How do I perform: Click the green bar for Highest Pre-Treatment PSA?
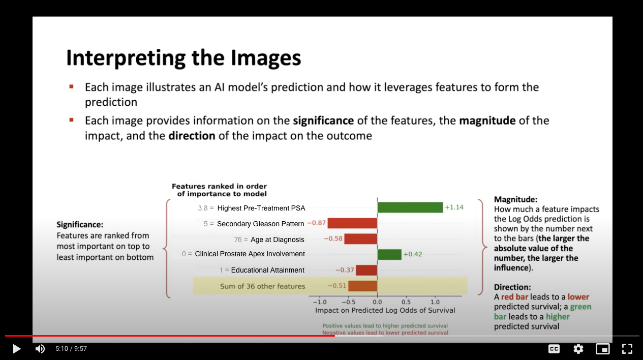point(410,207)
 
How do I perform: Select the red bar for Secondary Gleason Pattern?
point(352,223)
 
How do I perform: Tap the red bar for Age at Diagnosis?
point(361,239)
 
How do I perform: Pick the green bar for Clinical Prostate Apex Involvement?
point(389,254)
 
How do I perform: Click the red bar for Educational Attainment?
point(366,270)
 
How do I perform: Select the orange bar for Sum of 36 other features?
point(363,286)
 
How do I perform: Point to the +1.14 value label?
point(454,207)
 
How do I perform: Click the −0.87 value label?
point(316,223)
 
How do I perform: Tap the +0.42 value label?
point(413,254)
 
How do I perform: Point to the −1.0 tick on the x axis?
point(320,302)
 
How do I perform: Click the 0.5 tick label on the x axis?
point(406,302)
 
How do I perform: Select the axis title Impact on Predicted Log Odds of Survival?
point(385,310)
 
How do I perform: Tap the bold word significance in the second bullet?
point(323,121)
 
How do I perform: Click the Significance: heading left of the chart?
point(80,225)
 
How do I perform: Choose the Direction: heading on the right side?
point(512,287)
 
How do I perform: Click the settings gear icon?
point(578,349)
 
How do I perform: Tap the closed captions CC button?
point(554,349)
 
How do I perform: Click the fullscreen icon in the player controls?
point(627,349)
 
